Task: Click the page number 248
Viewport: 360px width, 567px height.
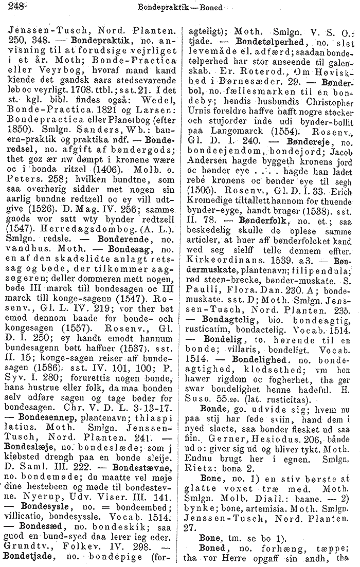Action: (10, 7)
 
